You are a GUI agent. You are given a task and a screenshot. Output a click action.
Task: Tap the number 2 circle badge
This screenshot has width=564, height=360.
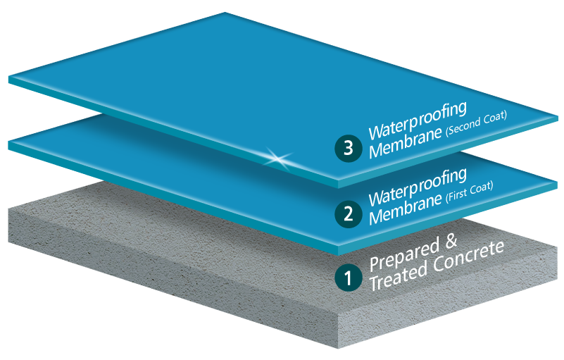[x=348, y=213]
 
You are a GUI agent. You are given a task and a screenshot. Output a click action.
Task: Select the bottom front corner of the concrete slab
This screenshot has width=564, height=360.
[x=341, y=349]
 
